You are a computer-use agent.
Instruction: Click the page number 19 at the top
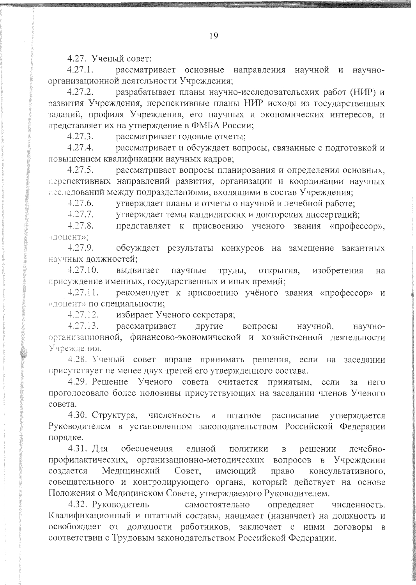(214, 36)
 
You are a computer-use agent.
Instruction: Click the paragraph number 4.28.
(76, 360)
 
